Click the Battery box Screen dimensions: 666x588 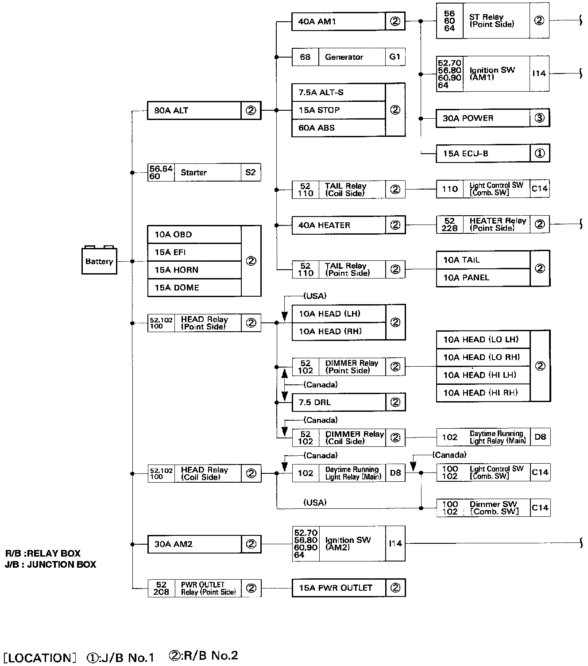click(99, 261)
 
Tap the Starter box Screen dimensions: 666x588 click(194, 172)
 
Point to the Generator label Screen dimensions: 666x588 click(344, 57)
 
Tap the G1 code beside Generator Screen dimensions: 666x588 click(395, 57)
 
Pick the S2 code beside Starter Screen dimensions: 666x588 click(251, 172)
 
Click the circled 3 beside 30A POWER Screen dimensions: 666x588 click(539, 118)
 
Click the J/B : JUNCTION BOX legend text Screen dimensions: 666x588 click(50, 565)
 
